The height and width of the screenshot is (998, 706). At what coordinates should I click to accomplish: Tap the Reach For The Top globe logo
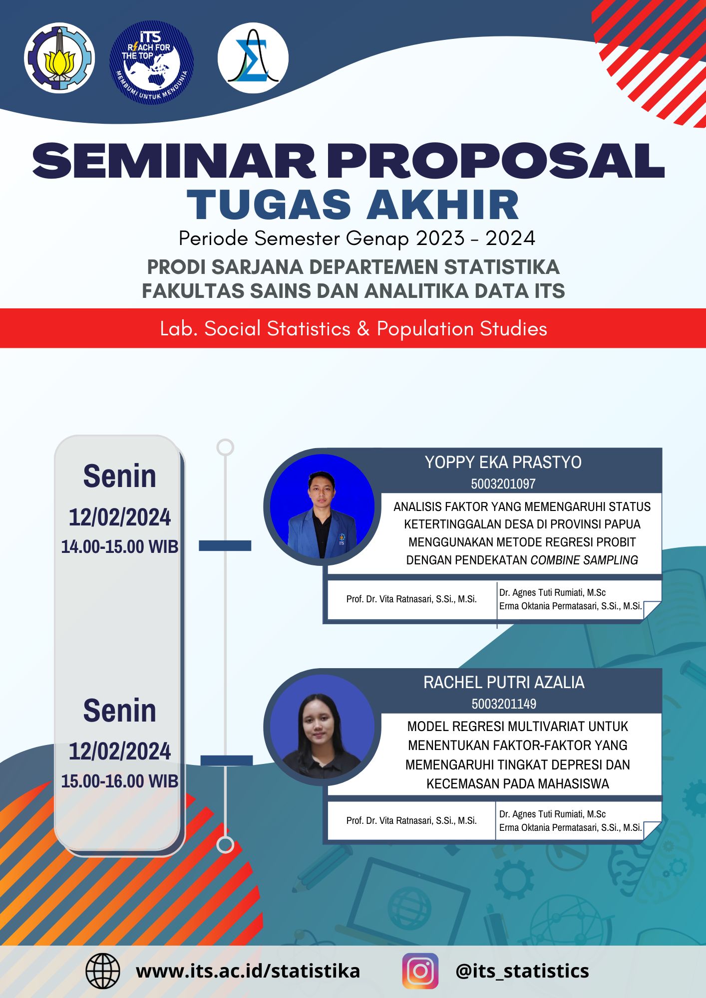151,62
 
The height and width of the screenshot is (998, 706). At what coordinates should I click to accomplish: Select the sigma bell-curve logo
253,58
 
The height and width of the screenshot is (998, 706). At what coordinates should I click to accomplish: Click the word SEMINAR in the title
173,161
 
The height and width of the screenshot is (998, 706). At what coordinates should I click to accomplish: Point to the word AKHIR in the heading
443,205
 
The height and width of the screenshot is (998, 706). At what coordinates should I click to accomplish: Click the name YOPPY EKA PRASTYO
503,463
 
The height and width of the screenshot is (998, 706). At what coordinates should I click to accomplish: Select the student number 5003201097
503,484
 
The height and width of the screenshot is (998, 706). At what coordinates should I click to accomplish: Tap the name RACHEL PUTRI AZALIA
503,682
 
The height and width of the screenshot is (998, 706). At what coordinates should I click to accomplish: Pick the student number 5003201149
503,704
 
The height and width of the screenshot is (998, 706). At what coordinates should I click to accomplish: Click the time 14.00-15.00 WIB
120,547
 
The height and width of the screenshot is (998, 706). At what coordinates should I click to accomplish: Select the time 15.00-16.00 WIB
120,781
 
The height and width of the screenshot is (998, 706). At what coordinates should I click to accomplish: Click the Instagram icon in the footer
420,971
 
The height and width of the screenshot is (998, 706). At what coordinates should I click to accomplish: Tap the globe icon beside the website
103,971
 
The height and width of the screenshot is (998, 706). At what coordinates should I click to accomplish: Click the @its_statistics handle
522,971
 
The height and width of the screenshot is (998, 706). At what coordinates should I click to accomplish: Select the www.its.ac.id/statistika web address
248,971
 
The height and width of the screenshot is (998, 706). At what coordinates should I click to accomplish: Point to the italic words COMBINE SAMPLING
584,560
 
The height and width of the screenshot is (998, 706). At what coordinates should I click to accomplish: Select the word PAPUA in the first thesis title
622,524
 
